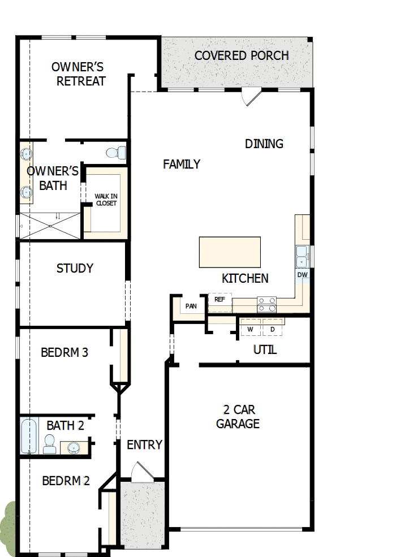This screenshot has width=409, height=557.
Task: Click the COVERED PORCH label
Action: [x=242, y=55]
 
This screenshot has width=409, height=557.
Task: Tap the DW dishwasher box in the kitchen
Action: [x=303, y=275]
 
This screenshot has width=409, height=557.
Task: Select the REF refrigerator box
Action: [x=220, y=300]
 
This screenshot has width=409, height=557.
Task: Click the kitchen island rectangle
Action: [x=230, y=252]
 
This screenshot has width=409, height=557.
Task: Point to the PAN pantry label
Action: [x=191, y=306]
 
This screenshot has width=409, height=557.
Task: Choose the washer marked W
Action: [x=250, y=329]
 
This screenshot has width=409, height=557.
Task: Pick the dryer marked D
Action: [x=272, y=329]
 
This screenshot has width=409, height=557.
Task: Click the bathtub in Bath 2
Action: [x=28, y=435]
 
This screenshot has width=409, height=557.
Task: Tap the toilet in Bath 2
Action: [x=50, y=444]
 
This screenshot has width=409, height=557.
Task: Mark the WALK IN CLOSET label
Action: [x=106, y=200]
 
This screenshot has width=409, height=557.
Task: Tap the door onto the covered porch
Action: [x=251, y=97]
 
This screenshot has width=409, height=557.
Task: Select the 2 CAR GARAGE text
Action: [x=238, y=417]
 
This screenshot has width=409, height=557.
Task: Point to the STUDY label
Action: [x=75, y=268]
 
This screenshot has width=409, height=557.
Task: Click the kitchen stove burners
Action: [x=266, y=305]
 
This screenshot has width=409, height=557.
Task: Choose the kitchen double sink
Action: [x=302, y=256]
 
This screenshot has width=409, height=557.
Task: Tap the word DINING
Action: [x=264, y=144]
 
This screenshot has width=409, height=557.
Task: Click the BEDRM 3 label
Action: [x=64, y=352]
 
